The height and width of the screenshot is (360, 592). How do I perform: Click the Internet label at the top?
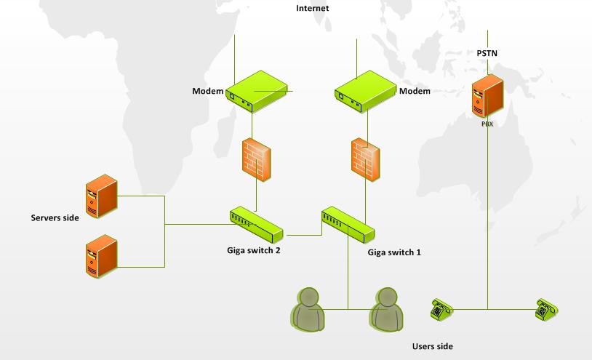point(313,8)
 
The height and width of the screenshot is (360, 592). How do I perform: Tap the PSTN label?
point(487,53)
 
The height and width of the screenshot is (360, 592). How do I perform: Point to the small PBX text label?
point(487,124)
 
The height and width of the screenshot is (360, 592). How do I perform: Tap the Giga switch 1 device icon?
point(348,224)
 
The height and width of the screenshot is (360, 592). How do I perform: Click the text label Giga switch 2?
point(253,250)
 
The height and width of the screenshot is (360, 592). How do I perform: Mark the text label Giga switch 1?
point(394,253)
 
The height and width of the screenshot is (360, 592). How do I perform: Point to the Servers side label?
point(55,217)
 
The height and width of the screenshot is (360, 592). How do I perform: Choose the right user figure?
point(386,308)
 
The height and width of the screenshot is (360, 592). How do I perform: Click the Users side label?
point(432,346)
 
